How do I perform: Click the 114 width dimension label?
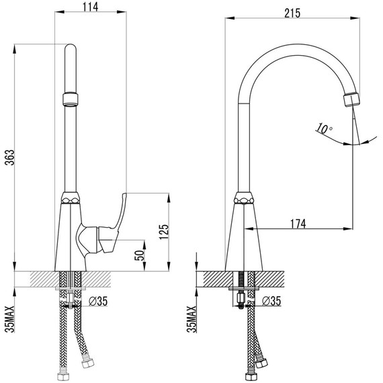[90, 7]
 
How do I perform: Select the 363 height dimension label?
[10, 157]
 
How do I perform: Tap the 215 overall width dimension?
[292, 13]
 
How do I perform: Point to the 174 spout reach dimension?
[298, 224]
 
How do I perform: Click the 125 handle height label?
[164, 232]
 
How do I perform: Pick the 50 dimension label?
[140, 255]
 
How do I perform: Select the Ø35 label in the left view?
[98, 301]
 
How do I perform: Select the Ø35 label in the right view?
[271, 301]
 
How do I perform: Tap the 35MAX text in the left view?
[10, 319]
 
